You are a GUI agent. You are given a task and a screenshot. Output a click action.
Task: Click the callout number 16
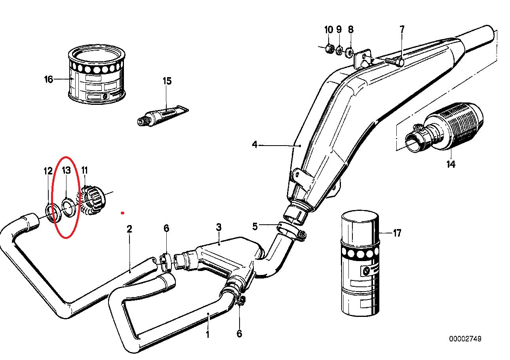pos(48,80)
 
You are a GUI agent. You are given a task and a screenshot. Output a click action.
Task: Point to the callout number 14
pos(451,164)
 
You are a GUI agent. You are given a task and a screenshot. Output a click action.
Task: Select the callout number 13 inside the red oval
pos(66,171)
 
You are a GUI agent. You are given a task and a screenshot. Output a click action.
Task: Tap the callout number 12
pos(48,171)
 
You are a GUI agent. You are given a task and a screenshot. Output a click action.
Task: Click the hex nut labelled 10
pos(328,49)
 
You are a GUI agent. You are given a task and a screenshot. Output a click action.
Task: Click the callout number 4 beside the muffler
pos(255,145)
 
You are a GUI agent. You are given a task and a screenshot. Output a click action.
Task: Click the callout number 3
pos(218,227)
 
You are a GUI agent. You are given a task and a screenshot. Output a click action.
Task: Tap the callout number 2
pos(129,229)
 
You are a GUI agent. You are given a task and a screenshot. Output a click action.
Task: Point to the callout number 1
pos(207,335)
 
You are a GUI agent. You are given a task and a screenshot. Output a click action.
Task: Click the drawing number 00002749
pos(465,339)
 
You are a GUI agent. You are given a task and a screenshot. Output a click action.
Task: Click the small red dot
pos(123,213)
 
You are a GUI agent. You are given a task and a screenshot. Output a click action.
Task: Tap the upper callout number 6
pos(166,228)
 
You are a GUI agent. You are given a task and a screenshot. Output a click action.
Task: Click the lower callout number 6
pos(239,333)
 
